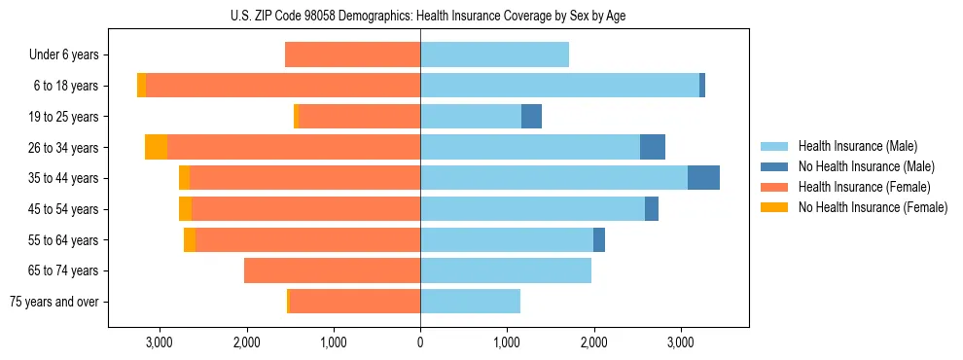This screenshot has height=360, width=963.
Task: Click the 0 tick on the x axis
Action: click(x=420, y=342)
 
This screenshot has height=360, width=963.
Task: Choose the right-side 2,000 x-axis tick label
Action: click(x=594, y=342)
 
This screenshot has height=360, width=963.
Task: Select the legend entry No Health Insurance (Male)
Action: click(x=866, y=166)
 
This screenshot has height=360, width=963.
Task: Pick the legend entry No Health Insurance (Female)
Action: click(x=873, y=207)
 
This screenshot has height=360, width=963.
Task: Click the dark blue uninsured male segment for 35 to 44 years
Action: click(x=703, y=178)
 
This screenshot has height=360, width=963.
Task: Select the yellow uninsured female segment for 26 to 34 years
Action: click(x=156, y=147)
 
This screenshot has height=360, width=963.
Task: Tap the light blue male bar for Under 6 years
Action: click(x=494, y=55)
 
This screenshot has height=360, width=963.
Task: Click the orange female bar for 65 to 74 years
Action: click(x=332, y=270)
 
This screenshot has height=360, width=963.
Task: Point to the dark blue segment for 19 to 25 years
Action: click(x=531, y=117)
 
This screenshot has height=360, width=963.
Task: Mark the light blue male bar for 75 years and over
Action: click(x=470, y=302)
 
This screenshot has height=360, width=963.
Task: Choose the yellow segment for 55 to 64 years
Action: click(x=190, y=240)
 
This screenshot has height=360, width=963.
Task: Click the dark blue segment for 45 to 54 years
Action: click(x=652, y=209)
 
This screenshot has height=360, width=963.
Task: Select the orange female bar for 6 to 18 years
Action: click(x=282, y=86)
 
